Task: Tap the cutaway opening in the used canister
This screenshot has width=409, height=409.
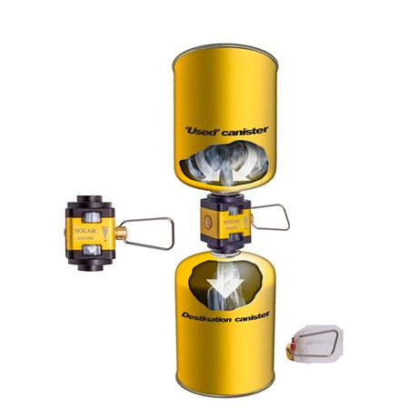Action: (x=224, y=174)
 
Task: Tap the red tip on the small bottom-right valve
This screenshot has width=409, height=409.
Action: (x=290, y=348)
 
